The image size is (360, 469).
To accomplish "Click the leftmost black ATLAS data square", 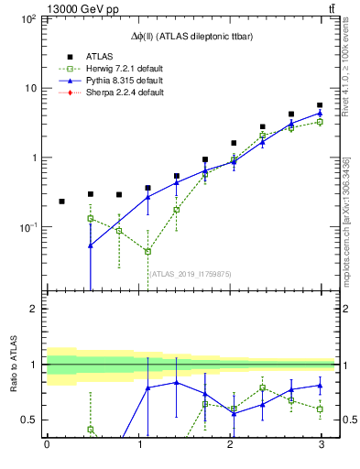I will click(61, 202).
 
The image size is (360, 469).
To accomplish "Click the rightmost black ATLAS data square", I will click(320, 105).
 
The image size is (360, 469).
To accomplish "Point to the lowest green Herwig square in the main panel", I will click(147, 252).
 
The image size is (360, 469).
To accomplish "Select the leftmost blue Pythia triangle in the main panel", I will click(91, 245).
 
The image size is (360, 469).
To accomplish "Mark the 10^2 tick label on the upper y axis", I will click(27, 19).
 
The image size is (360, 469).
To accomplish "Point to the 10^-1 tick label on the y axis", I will click(27, 227).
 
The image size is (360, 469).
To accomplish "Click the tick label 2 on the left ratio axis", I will click(33, 310).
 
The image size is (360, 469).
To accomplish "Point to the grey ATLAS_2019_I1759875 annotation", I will click(190, 272).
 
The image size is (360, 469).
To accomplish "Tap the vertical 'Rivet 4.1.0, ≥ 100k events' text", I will click(347, 66).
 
